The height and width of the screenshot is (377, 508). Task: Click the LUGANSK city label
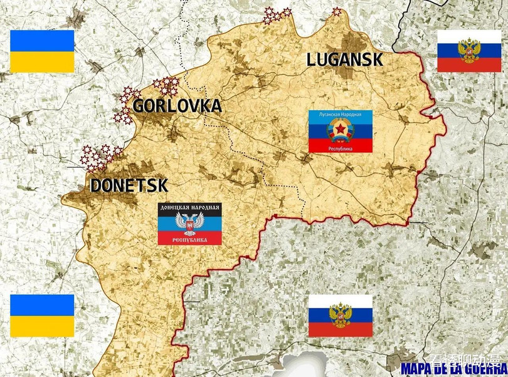pos(344,60)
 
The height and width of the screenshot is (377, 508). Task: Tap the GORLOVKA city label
pos(177,106)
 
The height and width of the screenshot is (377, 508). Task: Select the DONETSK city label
pos(129,186)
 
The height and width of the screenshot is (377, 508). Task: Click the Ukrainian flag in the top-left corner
pos(42,51)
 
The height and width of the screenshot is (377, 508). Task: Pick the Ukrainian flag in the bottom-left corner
pos(42,316)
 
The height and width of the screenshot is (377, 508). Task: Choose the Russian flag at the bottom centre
pos(340,316)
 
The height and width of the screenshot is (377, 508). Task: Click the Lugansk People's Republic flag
pos(341,131)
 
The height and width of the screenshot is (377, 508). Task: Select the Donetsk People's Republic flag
pos(189,224)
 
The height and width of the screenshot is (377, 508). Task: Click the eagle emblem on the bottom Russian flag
pos(340,314)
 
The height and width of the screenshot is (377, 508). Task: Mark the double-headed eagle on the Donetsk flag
pos(189,224)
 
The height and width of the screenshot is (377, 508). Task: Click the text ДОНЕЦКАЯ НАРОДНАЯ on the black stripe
pos(189,208)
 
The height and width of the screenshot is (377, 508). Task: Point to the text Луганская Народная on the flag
pos(341,115)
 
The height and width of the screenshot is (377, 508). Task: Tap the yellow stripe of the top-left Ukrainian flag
pos(42,61)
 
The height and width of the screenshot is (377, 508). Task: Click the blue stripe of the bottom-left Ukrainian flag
pos(42,305)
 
